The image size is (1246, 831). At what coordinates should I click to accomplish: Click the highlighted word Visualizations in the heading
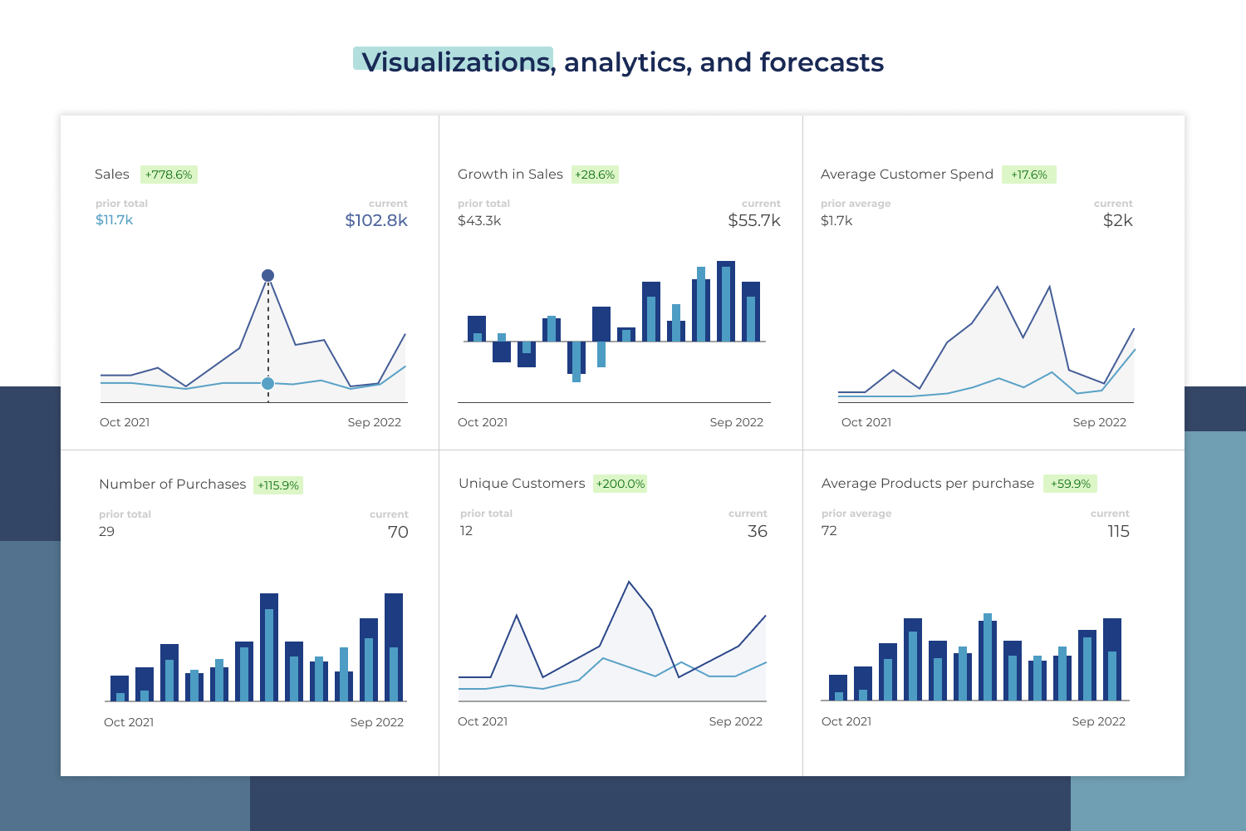(x=455, y=62)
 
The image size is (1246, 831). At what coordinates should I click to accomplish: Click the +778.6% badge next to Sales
(x=169, y=175)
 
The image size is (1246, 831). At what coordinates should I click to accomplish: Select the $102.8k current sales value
(x=376, y=220)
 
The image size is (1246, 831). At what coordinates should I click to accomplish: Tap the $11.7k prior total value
(x=114, y=220)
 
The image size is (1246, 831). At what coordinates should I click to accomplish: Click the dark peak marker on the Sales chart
(x=267, y=275)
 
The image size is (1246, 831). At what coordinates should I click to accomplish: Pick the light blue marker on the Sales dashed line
(x=267, y=383)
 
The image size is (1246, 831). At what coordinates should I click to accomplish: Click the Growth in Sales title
(x=510, y=175)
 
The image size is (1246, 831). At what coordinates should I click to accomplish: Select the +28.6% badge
(x=595, y=175)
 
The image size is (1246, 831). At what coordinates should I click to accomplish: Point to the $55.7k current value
(x=754, y=220)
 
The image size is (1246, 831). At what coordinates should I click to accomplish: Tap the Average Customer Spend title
(x=906, y=175)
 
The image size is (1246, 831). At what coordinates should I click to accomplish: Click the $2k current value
(x=1117, y=220)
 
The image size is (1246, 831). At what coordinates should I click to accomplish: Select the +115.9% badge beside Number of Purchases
(x=278, y=485)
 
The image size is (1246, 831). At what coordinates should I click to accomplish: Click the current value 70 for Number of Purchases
(x=398, y=532)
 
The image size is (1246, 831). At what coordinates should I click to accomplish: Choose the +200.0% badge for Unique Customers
(x=620, y=484)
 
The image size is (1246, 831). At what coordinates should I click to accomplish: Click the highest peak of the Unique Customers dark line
(x=629, y=583)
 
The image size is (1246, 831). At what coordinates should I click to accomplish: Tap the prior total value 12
(x=466, y=531)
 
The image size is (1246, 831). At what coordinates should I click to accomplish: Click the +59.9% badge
(x=1070, y=484)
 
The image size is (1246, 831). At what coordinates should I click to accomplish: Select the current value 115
(x=1118, y=531)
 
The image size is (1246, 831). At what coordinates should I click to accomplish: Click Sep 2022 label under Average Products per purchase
(x=1098, y=721)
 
